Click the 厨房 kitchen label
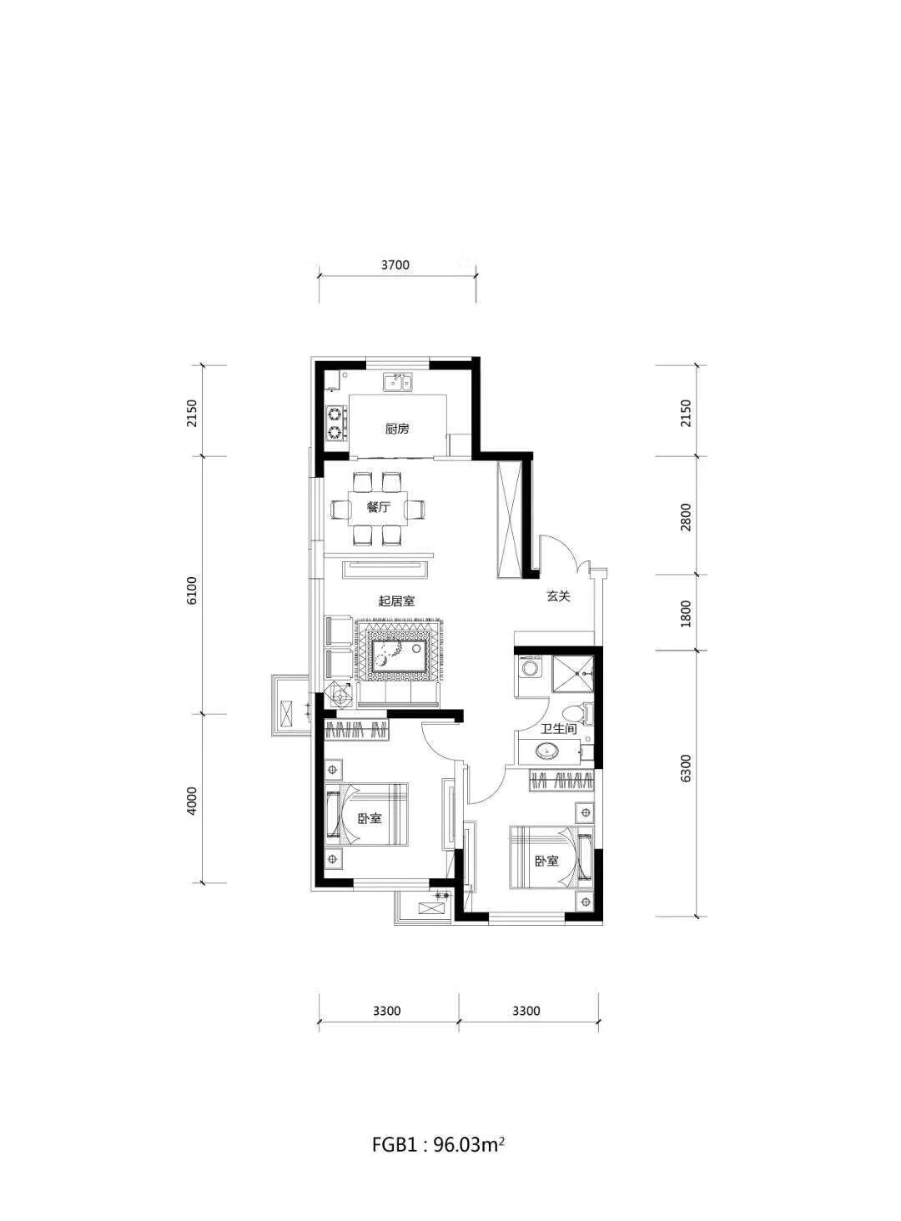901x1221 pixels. pyautogui.click(x=396, y=429)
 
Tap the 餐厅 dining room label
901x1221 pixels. pyautogui.click(x=378, y=507)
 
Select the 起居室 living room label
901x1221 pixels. pyautogui.click(x=396, y=601)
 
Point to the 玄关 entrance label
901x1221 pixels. pyautogui.click(x=558, y=596)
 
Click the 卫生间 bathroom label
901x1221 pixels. pyautogui.click(x=558, y=728)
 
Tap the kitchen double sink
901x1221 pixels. pyautogui.click(x=398, y=382)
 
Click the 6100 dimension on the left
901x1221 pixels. pyautogui.click(x=191, y=590)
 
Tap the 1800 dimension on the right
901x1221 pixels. pyautogui.click(x=686, y=613)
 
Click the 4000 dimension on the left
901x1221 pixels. pyautogui.click(x=191, y=801)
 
